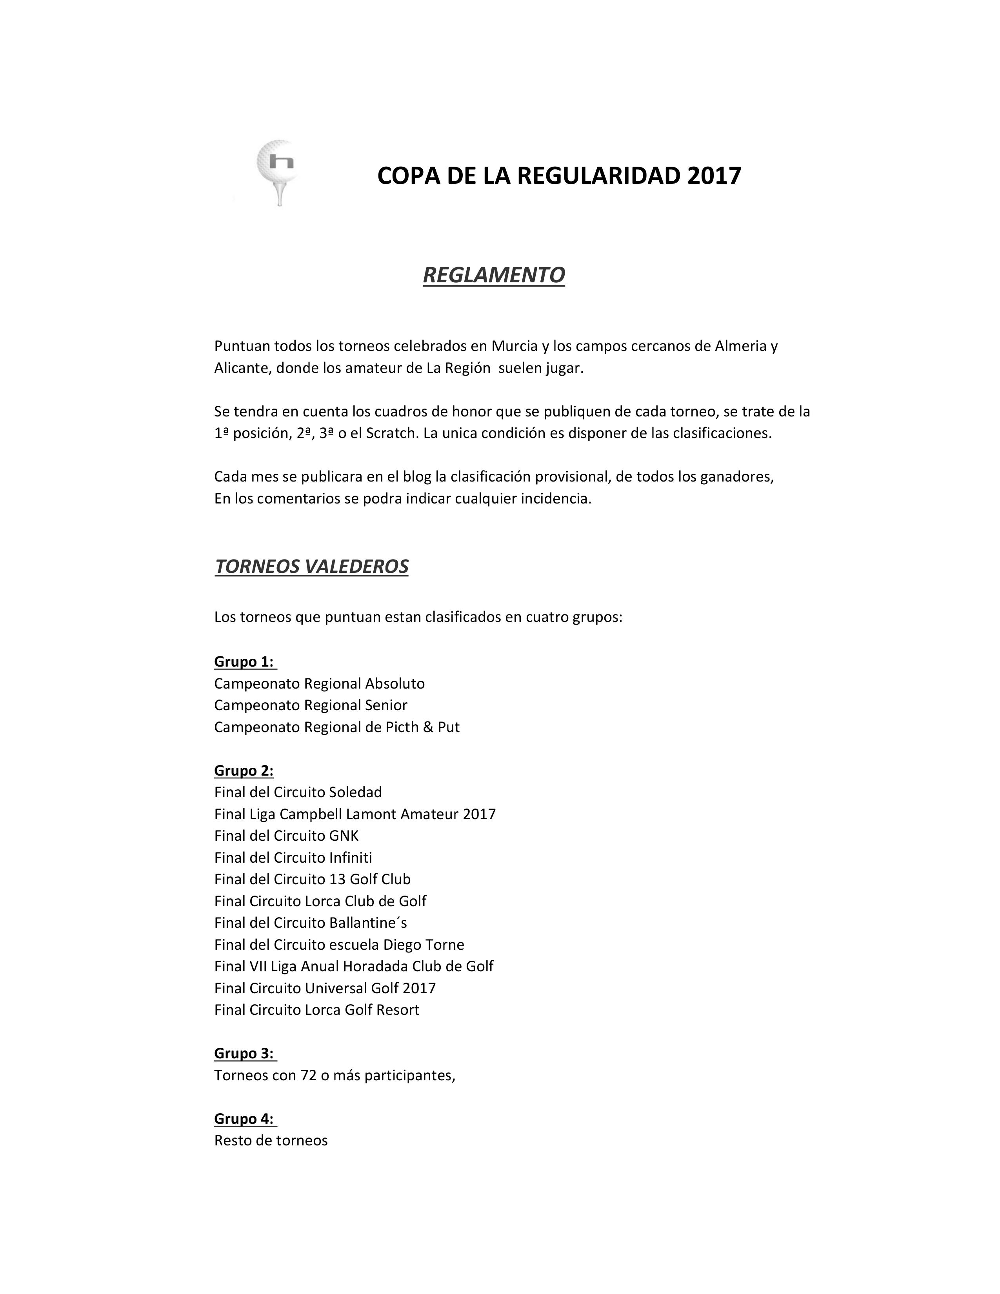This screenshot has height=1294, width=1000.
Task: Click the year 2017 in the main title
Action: tap(714, 176)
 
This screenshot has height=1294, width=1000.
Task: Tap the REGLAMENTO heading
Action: tap(493, 275)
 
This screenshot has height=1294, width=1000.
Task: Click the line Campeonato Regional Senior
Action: tap(311, 705)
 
